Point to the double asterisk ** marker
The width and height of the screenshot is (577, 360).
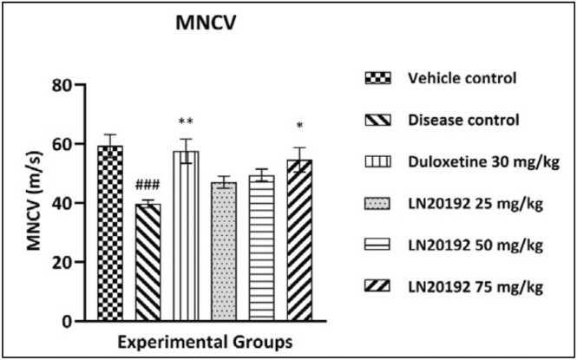(185, 122)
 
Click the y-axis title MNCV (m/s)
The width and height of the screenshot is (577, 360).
(35, 204)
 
